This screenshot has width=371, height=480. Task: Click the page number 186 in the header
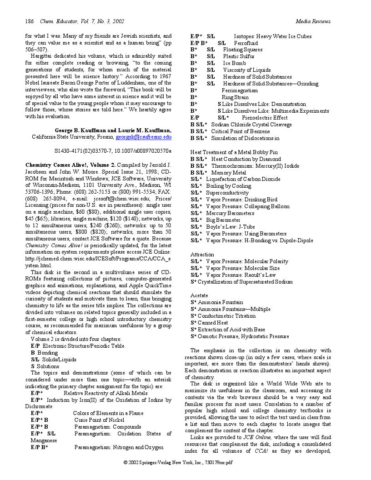[30, 21]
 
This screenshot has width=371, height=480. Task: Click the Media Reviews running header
[313, 21]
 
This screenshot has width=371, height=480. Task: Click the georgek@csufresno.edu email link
[143, 137]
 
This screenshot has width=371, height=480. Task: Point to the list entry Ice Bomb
[234, 63]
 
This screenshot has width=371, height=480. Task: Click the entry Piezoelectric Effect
[265, 118]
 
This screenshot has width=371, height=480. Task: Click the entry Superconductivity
[227, 193]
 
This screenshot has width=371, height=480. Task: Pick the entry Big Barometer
[223, 220]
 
